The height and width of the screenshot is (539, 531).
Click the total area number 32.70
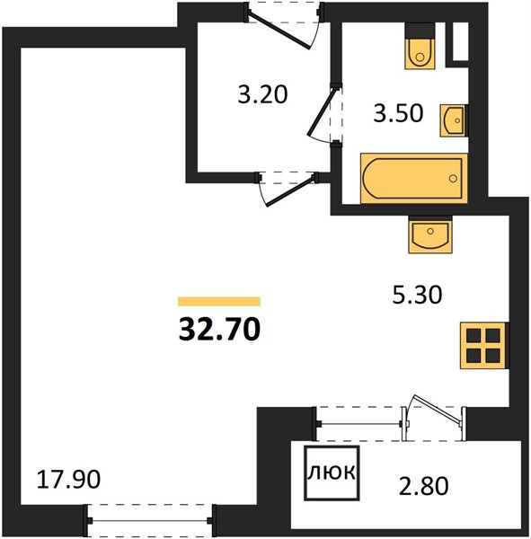(x=219, y=329)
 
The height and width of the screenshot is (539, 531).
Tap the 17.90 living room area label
(x=68, y=480)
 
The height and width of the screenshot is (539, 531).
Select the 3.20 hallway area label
(x=262, y=94)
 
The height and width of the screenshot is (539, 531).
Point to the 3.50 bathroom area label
(x=398, y=113)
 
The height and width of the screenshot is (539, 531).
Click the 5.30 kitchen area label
(x=417, y=295)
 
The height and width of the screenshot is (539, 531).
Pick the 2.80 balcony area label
(x=424, y=486)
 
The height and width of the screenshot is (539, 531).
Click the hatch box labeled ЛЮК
(x=332, y=473)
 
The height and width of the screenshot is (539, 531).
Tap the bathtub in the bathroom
(x=414, y=179)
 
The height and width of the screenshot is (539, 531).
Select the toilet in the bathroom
(x=420, y=47)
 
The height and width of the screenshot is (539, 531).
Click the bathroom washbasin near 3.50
(x=454, y=120)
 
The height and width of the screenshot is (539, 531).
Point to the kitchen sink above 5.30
(x=430, y=235)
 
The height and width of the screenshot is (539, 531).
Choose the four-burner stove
(x=483, y=346)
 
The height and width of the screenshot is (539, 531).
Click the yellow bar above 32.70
(x=219, y=301)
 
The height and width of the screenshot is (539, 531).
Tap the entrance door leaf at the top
(x=279, y=30)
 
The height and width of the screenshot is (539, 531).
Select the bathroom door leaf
(x=321, y=111)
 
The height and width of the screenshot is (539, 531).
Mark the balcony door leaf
(x=437, y=408)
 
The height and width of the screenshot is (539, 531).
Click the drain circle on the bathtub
(x=453, y=179)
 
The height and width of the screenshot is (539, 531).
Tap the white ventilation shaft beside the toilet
(x=460, y=41)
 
